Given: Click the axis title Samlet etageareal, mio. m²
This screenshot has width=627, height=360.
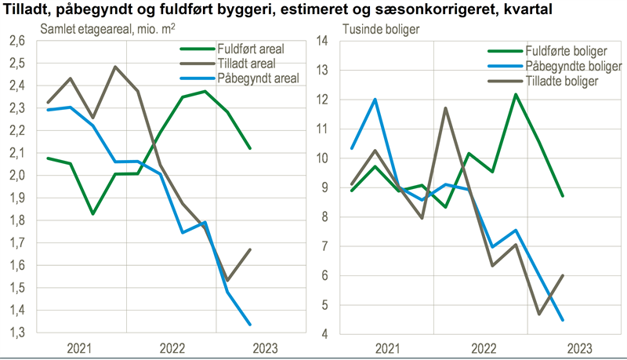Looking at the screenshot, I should click(x=92, y=30).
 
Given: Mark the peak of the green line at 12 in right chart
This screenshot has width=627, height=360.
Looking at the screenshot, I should click(x=516, y=94).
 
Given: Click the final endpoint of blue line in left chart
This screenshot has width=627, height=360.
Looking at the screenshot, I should click(x=250, y=324).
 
